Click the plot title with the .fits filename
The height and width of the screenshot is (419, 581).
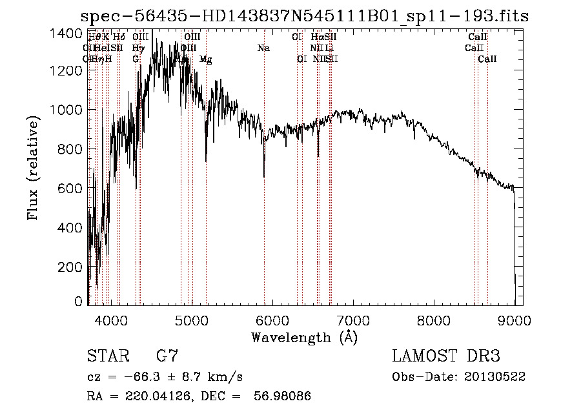(304, 17)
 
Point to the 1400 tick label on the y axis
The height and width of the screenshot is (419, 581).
(67, 33)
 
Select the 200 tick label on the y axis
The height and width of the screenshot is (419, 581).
(72, 267)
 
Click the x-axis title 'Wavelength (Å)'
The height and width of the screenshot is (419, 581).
(304, 337)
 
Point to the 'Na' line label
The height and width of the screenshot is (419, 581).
(263, 48)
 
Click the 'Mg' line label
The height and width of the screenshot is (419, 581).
(205, 59)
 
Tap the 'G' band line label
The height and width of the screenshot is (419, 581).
(136, 59)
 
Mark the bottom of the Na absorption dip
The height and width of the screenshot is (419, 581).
(264, 176)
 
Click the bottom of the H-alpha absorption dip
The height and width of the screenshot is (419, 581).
(318, 156)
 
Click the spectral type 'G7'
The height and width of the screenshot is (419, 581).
(167, 356)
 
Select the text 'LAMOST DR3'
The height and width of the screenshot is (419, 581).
(445, 356)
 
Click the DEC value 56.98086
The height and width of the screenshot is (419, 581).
(282, 396)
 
